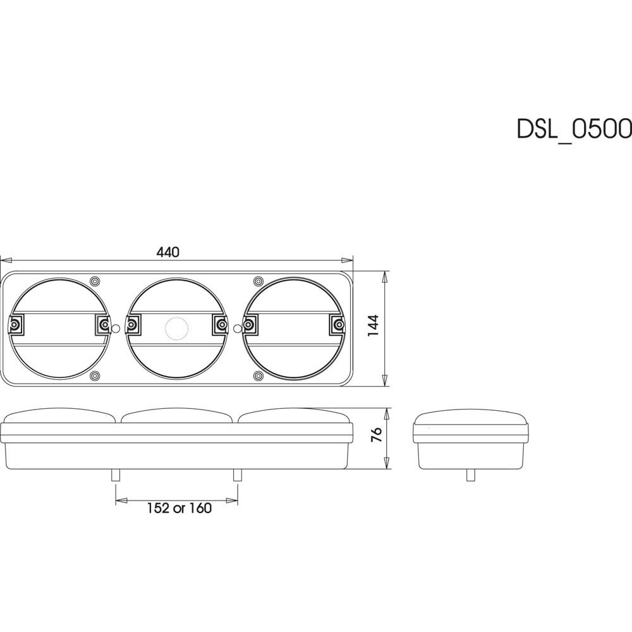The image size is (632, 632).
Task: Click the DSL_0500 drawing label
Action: click(574, 128)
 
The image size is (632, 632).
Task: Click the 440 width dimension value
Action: click(168, 252)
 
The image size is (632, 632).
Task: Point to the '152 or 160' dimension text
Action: click(179, 507)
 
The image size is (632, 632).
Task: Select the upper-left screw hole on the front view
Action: click(95, 281)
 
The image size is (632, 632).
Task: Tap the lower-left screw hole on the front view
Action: click(95, 377)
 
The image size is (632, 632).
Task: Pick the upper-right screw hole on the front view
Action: click(257, 281)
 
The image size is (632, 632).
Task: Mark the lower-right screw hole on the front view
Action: click(257, 377)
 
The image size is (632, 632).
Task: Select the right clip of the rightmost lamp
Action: click(339, 325)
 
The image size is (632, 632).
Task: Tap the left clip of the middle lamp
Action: click(132, 325)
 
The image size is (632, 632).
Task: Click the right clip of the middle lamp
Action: click(221, 325)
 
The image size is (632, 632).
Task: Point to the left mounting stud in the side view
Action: click(115, 475)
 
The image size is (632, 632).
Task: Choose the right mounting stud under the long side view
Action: click(238, 475)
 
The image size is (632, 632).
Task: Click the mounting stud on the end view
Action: click(470, 475)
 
